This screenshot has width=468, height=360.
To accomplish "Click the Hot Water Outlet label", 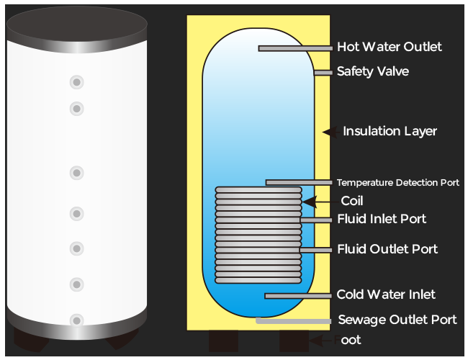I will point(390,48).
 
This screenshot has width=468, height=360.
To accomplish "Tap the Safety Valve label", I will point(373,72).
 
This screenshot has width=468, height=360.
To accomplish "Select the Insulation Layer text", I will point(390,132).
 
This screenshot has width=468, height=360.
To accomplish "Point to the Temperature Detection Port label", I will point(397,183).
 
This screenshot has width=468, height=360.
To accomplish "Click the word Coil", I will point(352,202).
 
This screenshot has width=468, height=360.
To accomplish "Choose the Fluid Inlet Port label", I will point(382,219).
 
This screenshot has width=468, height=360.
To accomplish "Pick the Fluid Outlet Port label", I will point(387,249).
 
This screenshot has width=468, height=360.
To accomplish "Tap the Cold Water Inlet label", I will point(386,295).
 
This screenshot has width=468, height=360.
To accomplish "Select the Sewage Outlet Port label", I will point(397,320).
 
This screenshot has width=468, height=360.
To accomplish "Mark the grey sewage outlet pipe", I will point(292,320).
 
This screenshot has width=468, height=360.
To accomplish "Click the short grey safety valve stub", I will point(323,73).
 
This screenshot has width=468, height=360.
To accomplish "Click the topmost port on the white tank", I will point(76,82).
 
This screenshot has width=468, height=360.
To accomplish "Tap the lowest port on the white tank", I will point(76,319).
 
